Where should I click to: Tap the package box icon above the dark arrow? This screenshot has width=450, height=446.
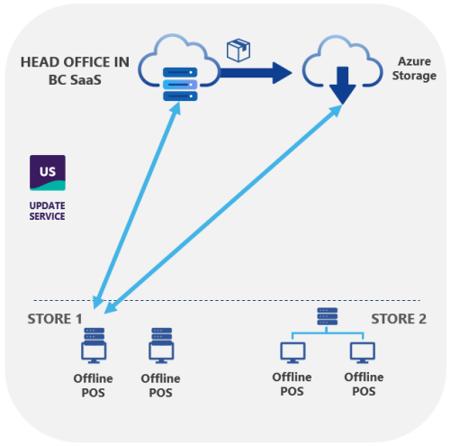point(238,50)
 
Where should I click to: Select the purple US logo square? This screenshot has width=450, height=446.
point(47,172)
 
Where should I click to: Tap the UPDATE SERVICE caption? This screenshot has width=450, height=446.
point(47,211)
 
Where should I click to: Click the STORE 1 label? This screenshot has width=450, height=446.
point(55,318)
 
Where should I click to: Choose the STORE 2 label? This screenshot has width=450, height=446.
point(399,318)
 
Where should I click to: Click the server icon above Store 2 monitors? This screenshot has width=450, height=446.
point(328,316)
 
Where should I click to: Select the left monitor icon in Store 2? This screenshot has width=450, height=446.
point(292,352)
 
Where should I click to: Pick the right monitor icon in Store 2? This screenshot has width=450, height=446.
point(363,352)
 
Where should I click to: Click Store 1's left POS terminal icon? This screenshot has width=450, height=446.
point(93,346)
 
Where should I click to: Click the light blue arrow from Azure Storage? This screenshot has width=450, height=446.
point(225,208)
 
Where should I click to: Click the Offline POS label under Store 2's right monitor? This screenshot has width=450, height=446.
point(363,385)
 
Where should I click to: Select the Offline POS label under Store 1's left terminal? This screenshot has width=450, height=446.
point(93,385)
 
